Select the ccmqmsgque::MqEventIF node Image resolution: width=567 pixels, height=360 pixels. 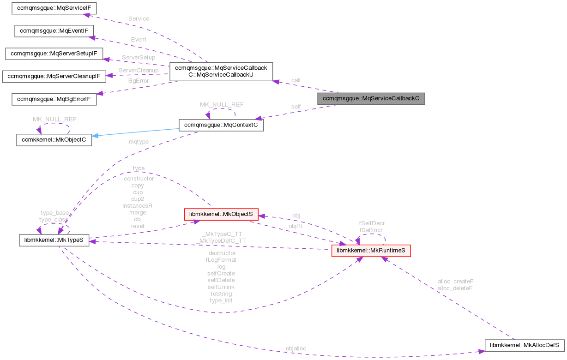tap(54, 31)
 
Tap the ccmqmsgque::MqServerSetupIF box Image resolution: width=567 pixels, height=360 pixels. tap(54, 54)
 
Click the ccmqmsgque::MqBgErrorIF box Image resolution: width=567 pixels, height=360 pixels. tap(54, 99)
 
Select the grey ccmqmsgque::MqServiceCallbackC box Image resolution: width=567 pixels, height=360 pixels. tap(371, 98)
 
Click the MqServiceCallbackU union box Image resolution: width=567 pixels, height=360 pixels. tap(222, 72)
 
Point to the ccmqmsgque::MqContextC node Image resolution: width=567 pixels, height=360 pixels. tap(221, 125)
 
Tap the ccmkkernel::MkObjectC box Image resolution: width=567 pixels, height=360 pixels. tap(54, 140)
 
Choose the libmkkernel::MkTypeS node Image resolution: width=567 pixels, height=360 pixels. tap(54, 240)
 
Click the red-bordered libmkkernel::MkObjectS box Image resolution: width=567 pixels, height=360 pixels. tap(221, 215)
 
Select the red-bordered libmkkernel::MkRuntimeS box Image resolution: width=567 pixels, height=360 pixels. tap(371, 251)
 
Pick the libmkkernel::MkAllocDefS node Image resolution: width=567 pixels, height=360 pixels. tap(525, 344)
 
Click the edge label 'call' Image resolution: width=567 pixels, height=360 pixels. tap(296, 80)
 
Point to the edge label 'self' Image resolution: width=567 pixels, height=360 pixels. tap(296, 107)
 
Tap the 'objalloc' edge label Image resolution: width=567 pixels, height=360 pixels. tap(296, 348)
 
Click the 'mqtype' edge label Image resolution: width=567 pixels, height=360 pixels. tap(139, 142)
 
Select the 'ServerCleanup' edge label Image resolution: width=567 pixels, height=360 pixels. tap(139, 70)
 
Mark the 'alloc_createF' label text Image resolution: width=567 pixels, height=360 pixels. tap(455, 281)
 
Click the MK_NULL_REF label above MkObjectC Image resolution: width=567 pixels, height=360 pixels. tap(54, 119)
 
